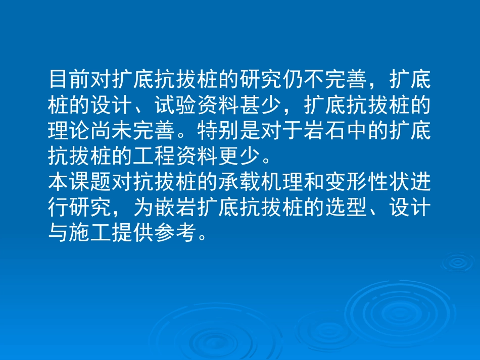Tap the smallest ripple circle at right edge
pos(458,262)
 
